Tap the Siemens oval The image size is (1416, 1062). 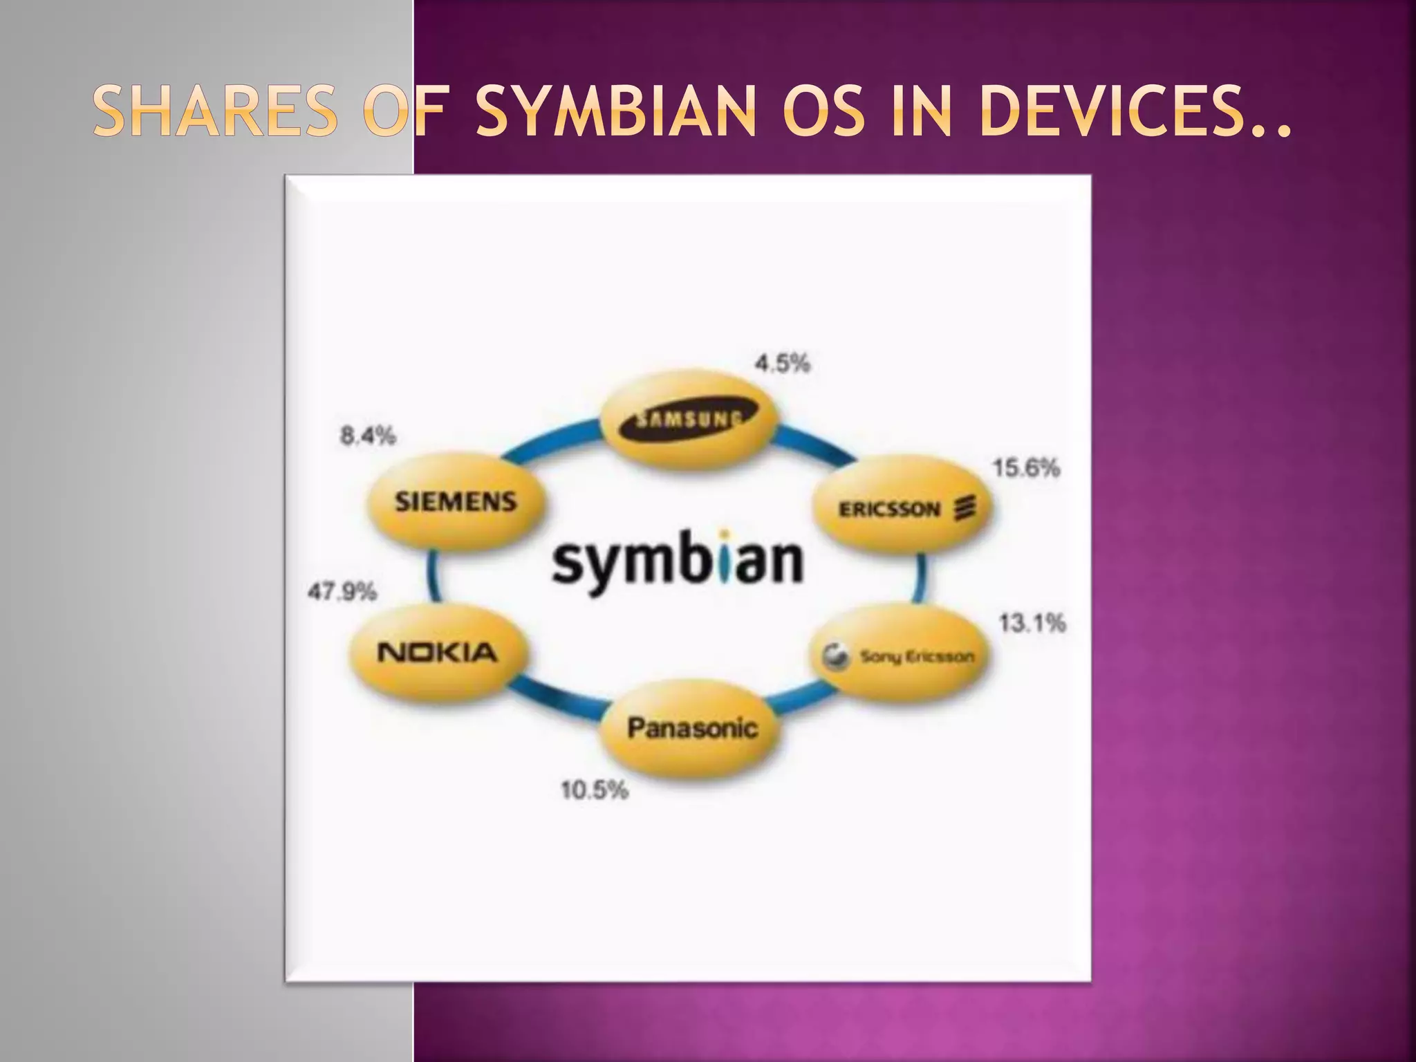coord(456,501)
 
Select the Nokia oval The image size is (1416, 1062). coord(437,652)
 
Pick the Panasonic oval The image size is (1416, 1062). coord(692,727)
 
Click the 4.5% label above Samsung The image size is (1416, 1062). coord(782,363)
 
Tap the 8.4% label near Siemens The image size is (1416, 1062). coord(368,436)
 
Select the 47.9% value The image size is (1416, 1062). coord(342,592)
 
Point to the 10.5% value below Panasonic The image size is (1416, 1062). coord(595,790)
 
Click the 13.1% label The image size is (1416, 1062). coord(1032,623)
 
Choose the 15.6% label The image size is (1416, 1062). coord(1026,468)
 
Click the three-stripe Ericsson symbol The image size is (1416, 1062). coord(965,508)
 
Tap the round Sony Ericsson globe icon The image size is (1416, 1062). coord(834,656)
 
